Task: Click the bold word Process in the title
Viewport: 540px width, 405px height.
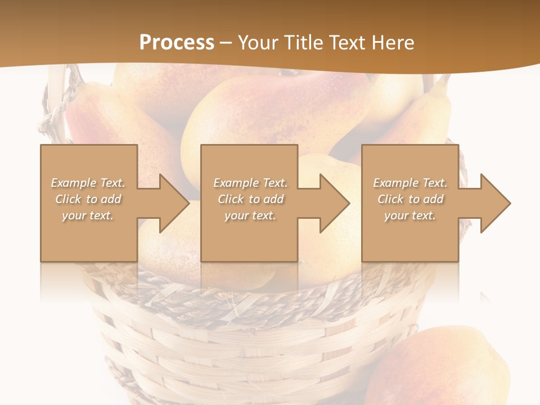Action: pos(177,42)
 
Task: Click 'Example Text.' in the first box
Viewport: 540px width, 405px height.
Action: pos(88,183)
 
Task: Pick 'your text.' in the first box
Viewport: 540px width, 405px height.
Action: pos(88,215)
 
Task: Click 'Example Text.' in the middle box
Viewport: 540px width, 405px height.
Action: pos(250,183)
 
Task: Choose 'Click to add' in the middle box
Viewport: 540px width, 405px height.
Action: pos(250,199)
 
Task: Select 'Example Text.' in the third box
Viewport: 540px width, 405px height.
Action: pos(410,183)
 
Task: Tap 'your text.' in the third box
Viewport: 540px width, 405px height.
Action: pos(410,215)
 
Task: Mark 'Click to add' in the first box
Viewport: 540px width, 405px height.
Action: pos(88,199)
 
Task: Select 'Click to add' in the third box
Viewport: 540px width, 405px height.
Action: pos(410,199)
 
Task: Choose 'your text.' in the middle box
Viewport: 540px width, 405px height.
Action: pos(250,215)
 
